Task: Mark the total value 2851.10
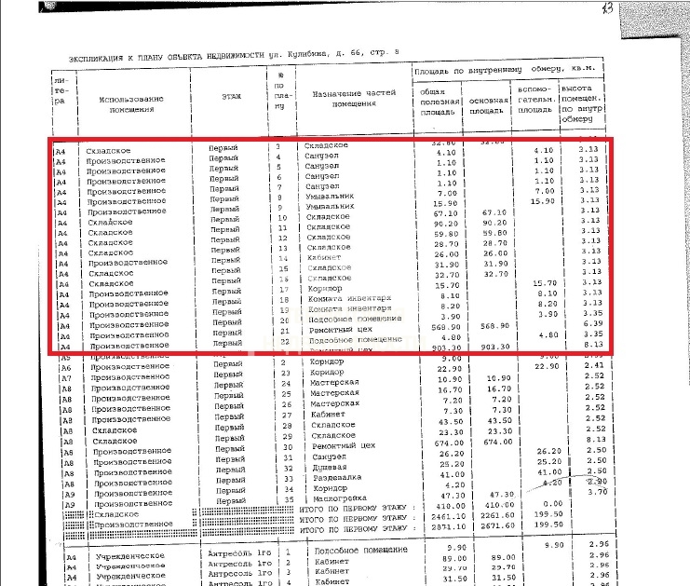(x=437, y=525)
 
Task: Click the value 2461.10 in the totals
(x=437, y=514)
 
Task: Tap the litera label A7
(x=64, y=379)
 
